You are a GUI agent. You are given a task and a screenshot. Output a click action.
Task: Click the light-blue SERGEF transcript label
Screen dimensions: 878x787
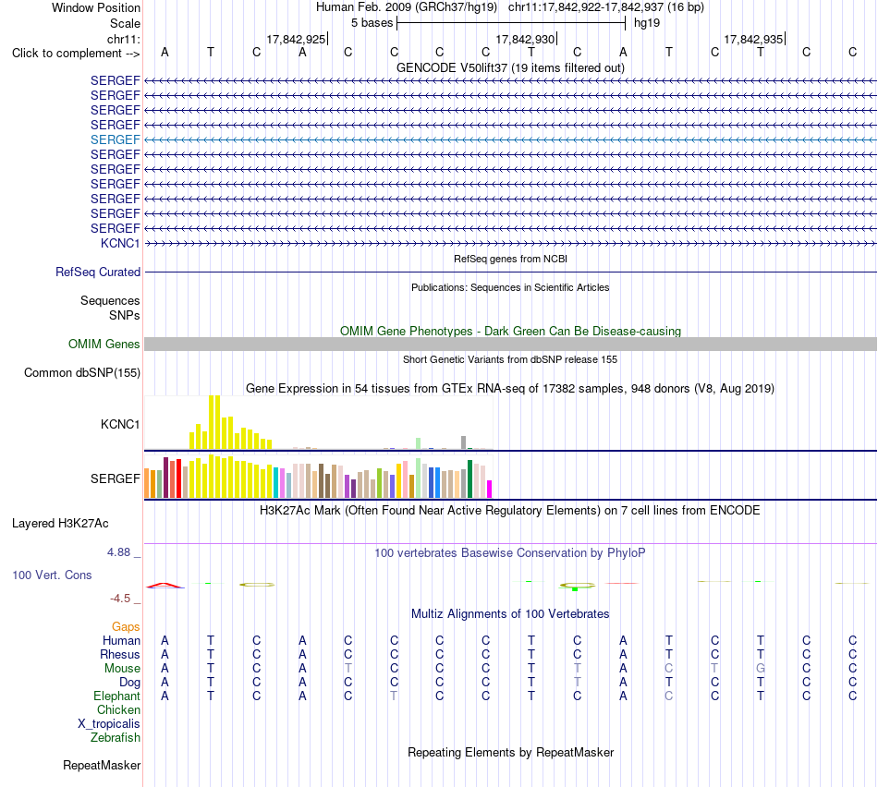tap(115, 139)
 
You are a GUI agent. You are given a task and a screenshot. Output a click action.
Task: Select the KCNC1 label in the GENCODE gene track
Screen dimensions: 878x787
tap(120, 243)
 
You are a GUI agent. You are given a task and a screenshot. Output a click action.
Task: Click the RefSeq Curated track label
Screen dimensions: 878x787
tap(98, 272)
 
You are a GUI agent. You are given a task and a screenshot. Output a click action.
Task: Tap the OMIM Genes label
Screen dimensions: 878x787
tap(104, 345)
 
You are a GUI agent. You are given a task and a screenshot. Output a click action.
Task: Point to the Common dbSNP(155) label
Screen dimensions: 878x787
tap(81, 373)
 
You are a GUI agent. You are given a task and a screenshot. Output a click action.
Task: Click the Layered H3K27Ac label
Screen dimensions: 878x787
tap(60, 524)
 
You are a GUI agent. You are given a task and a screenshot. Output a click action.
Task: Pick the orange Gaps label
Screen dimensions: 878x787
tap(126, 627)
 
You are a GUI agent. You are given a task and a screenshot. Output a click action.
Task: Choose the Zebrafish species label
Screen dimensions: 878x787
tap(116, 738)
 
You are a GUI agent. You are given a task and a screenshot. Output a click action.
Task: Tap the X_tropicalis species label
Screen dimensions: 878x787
tap(109, 724)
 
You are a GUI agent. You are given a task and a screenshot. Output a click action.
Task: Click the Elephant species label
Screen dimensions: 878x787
tap(116, 696)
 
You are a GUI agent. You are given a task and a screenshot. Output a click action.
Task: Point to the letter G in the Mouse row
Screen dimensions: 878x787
tap(761, 669)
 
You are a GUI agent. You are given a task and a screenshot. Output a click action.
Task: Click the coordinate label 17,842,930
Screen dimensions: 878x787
tap(525, 39)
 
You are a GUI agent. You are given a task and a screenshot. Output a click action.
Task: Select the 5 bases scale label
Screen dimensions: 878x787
tap(372, 23)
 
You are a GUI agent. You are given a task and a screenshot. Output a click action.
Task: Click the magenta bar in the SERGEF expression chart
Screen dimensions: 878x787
tap(490, 490)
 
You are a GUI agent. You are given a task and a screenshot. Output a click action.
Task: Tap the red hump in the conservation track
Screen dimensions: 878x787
tap(165, 585)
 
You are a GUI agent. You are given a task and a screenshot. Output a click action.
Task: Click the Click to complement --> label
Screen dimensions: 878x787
tap(76, 54)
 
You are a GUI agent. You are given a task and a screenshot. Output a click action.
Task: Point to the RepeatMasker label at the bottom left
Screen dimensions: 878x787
tap(102, 765)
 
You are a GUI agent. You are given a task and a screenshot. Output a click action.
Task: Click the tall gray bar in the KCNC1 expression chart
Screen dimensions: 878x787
tap(464, 442)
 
